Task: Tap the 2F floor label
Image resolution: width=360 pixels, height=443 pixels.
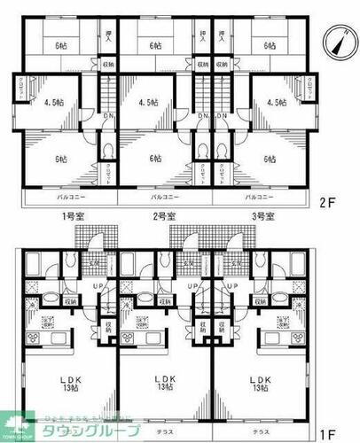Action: coord(336,201)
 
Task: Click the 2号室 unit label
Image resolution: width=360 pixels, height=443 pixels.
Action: coord(163,216)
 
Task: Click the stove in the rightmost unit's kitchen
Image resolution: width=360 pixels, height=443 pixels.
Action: coord(286,322)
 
